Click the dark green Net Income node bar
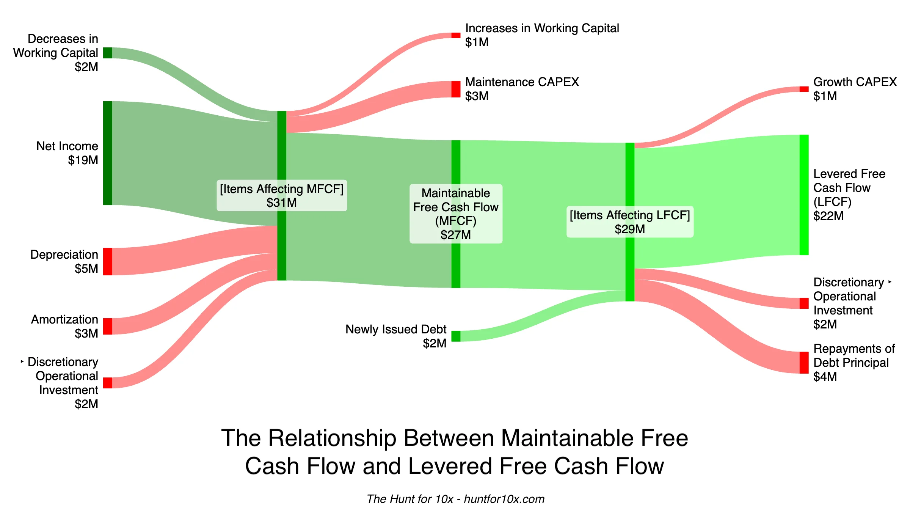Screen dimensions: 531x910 108,153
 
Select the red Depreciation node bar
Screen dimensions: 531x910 108,261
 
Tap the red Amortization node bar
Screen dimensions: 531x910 108,326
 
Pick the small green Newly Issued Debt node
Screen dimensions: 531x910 456,336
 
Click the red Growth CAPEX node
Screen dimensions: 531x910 804,89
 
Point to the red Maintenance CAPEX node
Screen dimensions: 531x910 456,89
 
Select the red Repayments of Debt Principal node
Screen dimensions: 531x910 804,363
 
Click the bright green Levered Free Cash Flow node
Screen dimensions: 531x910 804,195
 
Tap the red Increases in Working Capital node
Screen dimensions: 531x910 456,35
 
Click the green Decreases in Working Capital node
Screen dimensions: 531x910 108,53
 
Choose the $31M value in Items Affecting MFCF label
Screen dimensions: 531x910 281,203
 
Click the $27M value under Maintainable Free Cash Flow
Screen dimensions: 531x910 455,235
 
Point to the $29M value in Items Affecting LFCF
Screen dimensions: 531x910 629,229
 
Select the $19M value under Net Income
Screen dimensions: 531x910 83,160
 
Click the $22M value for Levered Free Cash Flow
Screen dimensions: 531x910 828,216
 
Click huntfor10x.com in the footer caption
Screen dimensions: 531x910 504,499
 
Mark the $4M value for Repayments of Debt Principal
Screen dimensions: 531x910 825,377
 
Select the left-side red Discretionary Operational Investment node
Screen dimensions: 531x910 108,383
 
